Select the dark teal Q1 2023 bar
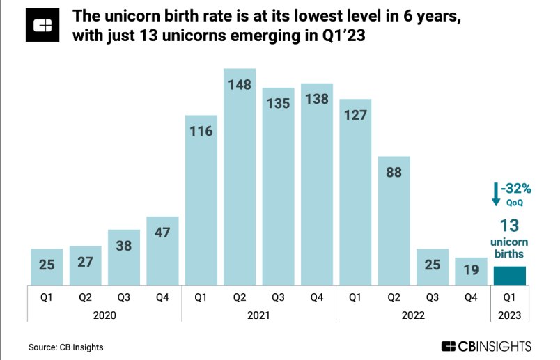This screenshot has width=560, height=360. (510, 276)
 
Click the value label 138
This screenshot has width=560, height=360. (317, 100)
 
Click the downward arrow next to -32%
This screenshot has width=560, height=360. (496, 195)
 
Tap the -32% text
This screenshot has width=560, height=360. (517, 189)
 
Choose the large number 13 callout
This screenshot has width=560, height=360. (510, 224)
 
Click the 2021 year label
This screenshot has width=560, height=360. (259, 315)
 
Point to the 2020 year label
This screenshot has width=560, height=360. (104, 315)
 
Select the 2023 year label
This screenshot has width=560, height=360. (510, 315)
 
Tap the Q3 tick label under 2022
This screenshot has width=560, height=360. (433, 297)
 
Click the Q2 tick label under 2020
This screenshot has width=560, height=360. (85, 297)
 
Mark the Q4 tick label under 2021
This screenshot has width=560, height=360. (317, 297)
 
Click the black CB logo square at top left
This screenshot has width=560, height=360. (42, 26)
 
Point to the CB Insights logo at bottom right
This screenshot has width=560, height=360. (486, 345)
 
